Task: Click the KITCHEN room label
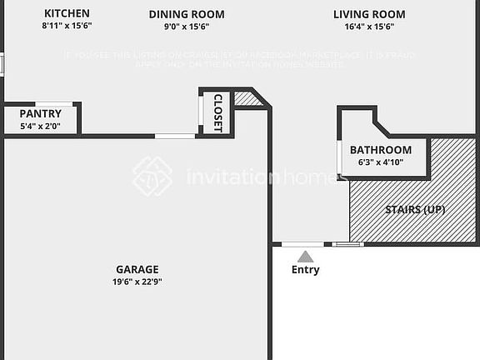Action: pos(67,14)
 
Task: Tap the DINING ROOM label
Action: pos(187,14)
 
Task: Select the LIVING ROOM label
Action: pos(369,14)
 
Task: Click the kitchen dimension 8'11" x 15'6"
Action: pos(67,27)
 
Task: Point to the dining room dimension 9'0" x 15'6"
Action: pos(187,27)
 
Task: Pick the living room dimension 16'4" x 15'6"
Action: pos(369,27)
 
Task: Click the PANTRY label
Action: pos(41,113)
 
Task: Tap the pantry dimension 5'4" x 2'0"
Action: pos(41,126)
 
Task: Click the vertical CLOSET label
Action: pos(218,112)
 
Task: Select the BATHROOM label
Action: pos(380,150)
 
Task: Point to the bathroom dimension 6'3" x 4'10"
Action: pos(380,162)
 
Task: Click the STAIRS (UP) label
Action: pos(414,209)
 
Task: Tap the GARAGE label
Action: pos(137,269)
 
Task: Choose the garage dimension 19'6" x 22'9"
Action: pos(137,282)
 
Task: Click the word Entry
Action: pos(305,270)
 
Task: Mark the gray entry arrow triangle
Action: pos(306,257)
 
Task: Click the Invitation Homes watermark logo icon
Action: pos(152,177)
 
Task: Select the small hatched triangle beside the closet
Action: pos(246,99)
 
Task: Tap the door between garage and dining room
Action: pos(175,136)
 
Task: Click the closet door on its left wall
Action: pos(200,111)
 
